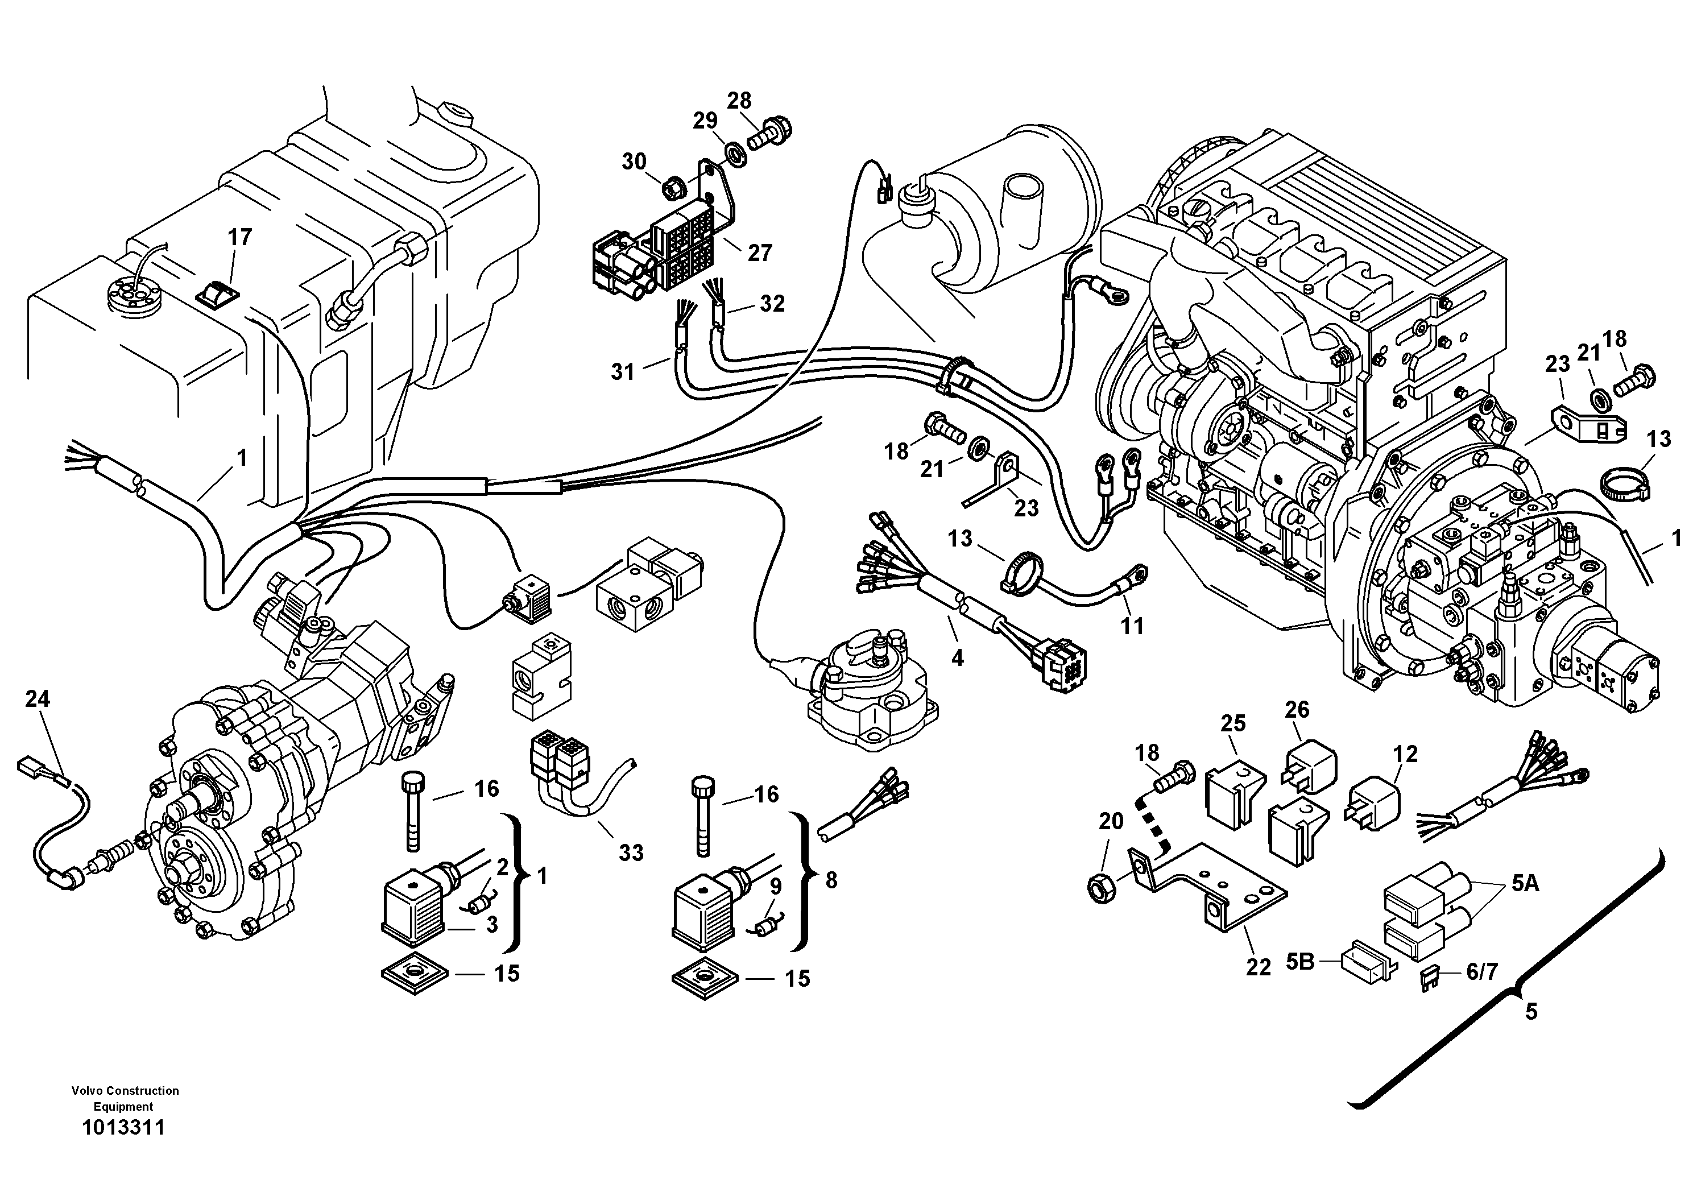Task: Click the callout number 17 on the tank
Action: click(x=239, y=237)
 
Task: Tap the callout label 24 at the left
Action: click(x=38, y=698)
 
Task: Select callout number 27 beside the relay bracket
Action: click(x=760, y=253)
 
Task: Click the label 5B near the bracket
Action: click(x=1301, y=962)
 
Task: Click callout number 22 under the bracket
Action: click(x=1258, y=967)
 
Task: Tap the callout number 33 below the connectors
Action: click(x=631, y=852)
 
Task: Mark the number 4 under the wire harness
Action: click(x=957, y=656)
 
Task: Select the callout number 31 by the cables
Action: click(x=623, y=371)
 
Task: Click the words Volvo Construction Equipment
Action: click(x=125, y=1098)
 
